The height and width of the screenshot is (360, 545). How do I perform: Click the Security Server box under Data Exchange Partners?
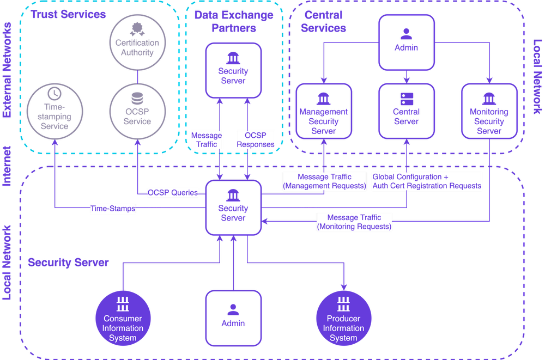click(233, 71)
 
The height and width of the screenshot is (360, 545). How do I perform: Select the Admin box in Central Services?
click(407, 42)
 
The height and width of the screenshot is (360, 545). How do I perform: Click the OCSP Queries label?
click(173, 192)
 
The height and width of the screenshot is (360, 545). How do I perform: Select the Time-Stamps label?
click(113, 208)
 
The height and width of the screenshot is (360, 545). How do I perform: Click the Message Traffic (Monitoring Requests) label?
click(354, 222)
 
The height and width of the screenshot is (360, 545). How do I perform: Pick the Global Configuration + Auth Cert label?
click(427, 181)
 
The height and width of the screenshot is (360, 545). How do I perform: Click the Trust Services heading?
click(68, 14)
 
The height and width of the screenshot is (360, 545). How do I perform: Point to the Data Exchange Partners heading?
click(234, 21)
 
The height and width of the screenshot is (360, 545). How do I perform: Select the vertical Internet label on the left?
click(7, 166)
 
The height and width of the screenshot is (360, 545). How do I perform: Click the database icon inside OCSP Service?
click(137, 99)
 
